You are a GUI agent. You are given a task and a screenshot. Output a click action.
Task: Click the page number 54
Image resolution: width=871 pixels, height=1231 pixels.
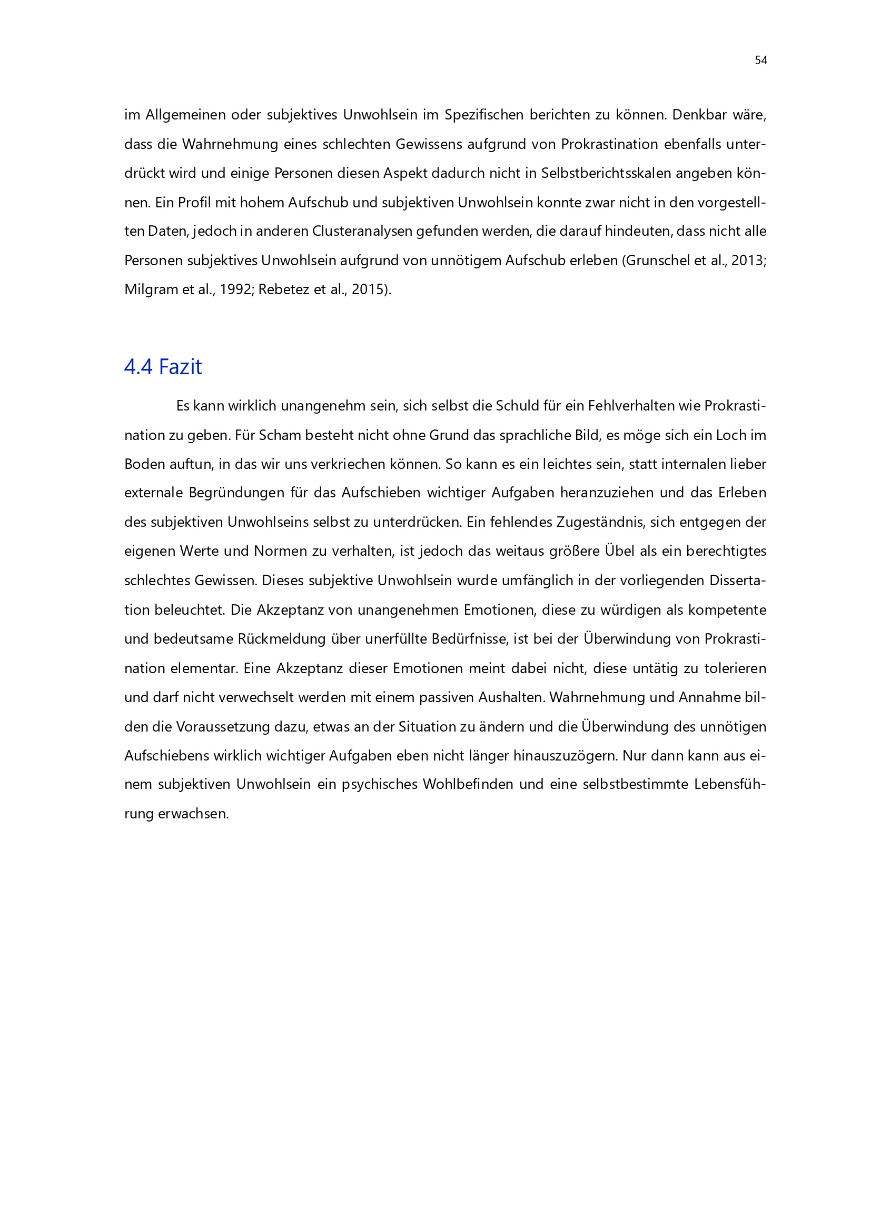(x=760, y=61)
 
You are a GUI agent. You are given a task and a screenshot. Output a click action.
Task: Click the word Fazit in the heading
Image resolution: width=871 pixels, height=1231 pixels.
(x=180, y=367)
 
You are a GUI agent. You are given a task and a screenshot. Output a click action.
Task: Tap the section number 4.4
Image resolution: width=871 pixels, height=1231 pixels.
(x=138, y=367)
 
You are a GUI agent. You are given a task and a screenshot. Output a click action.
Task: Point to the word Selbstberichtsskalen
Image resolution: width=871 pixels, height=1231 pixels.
(x=606, y=173)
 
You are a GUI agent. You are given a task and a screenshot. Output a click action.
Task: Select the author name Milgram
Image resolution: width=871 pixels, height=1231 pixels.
(x=151, y=289)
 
